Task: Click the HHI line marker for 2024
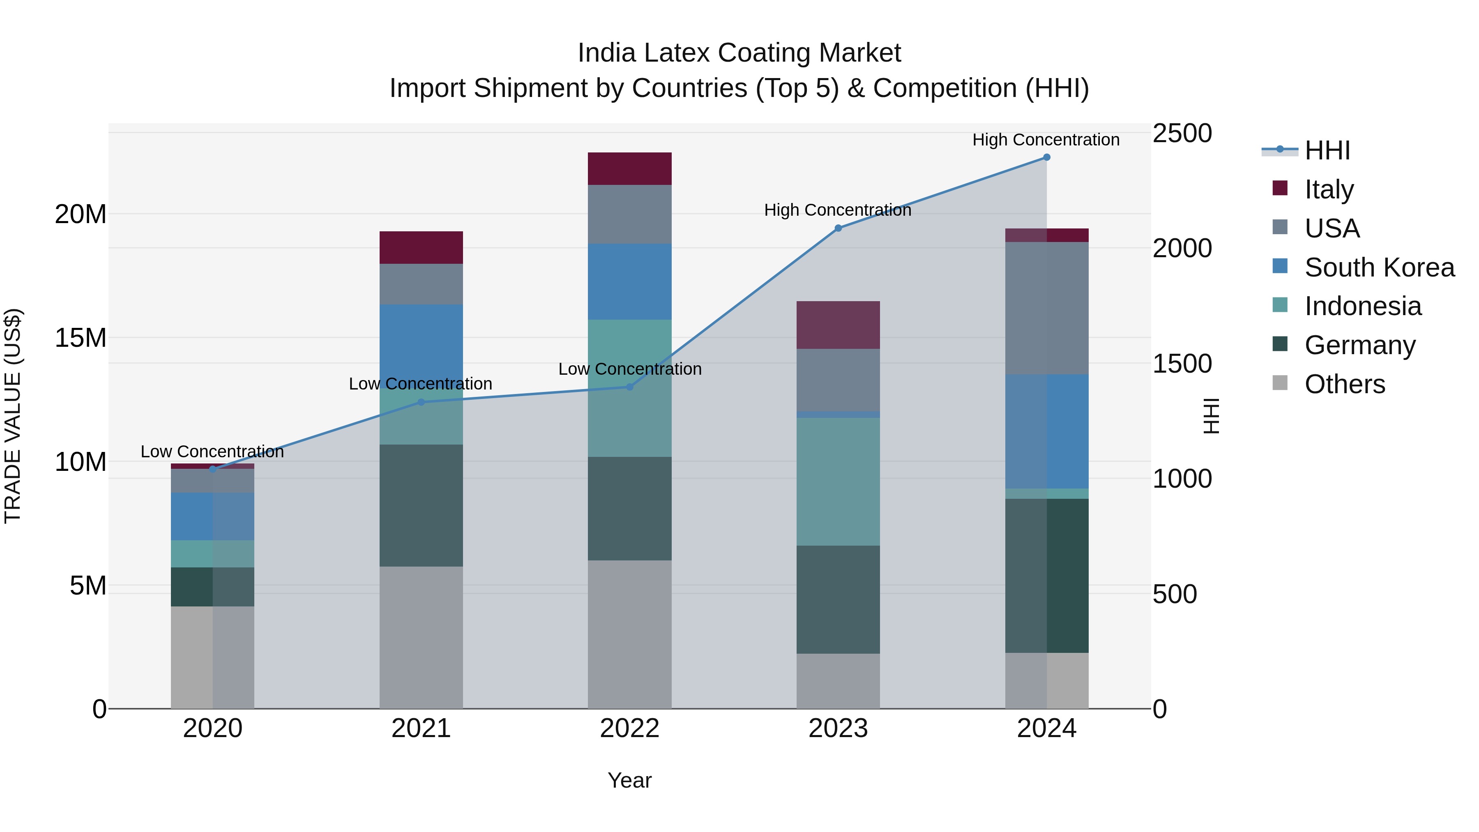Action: click(x=1046, y=157)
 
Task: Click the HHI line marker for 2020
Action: click(x=212, y=469)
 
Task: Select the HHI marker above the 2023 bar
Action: click(x=838, y=228)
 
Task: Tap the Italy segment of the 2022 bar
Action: click(x=629, y=169)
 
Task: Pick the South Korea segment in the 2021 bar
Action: click(x=421, y=345)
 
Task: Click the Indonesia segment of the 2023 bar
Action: click(x=838, y=481)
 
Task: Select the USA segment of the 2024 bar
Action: click(x=1046, y=308)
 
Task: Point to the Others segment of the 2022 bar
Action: click(x=629, y=634)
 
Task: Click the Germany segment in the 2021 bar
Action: click(x=421, y=505)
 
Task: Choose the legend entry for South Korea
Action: click(x=1379, y=267)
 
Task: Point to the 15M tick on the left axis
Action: click(x=81, y=338)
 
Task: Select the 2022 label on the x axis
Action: click(x=629, y=728)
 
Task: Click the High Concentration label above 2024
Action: click(x=1046, y=140)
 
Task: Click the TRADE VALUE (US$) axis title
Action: click(x=13, y=416)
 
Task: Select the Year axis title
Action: click(x=629, y=780)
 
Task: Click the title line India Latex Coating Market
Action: click(x=739, y=53)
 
